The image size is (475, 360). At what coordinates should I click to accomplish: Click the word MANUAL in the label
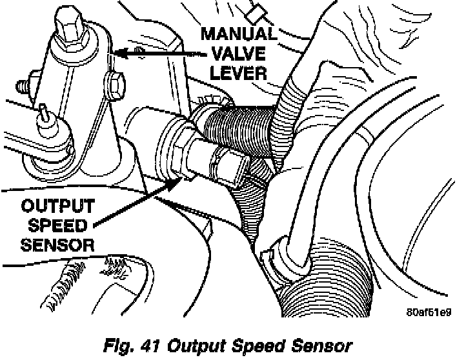tap(239, 33)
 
